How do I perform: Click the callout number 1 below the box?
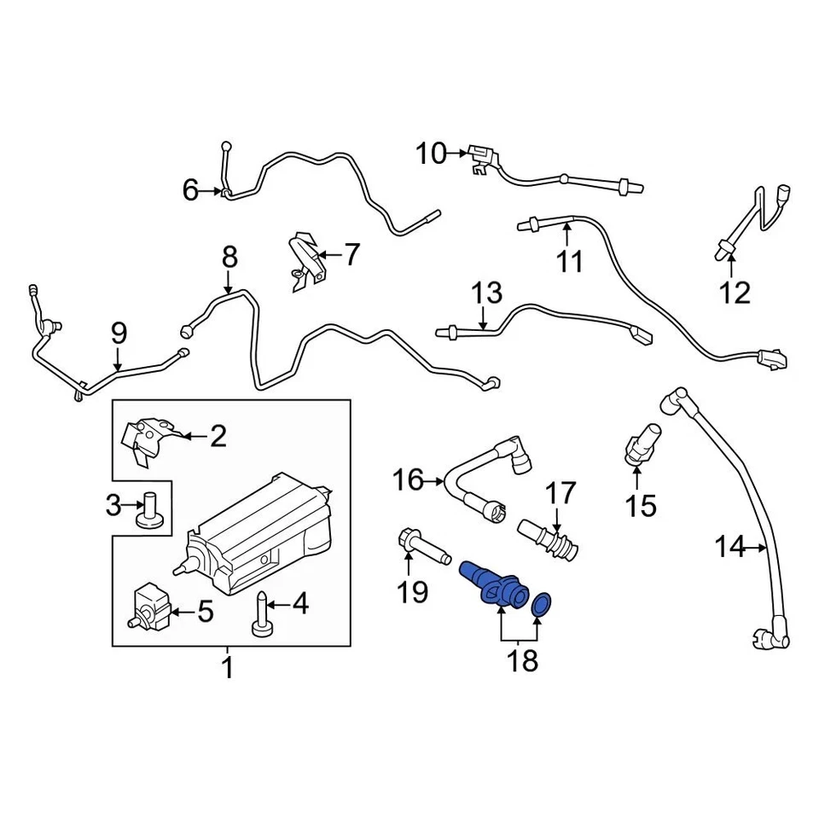228,667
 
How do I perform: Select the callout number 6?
190,189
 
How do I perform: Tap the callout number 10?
432,154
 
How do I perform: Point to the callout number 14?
729,547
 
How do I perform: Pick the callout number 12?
734,293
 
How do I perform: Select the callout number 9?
119,332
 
